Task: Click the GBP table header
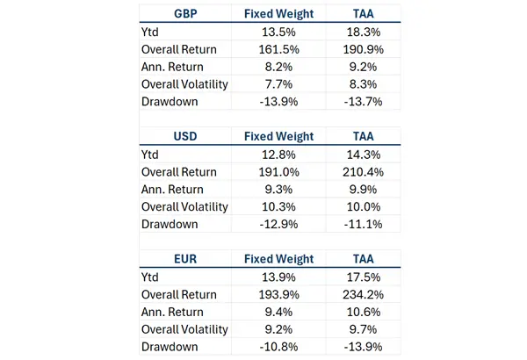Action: [x=184, y=14]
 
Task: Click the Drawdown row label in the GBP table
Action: [x=170, y=102]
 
